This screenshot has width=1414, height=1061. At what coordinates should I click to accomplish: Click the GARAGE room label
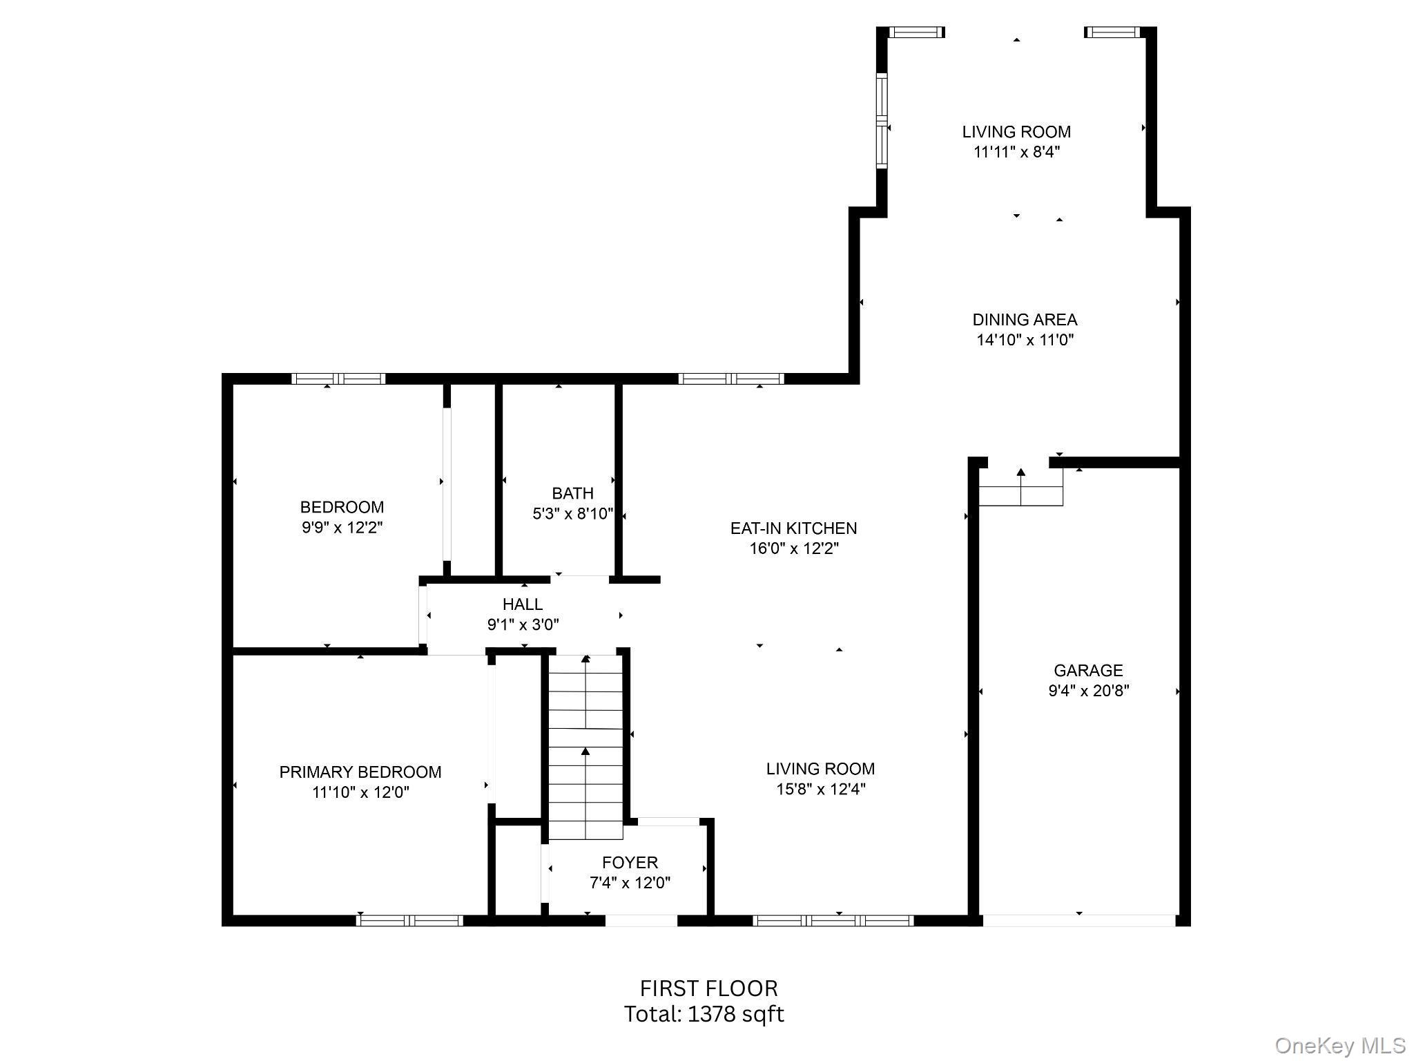pos(1088,670)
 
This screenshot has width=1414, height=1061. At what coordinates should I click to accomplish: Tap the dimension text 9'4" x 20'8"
pos(1088,690)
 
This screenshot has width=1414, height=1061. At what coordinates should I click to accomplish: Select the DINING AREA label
pos(1025,319)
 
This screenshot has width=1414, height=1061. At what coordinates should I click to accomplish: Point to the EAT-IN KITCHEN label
pos(793,528)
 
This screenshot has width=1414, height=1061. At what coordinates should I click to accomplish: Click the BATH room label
pos(572,493)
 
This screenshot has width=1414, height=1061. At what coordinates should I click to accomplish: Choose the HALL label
pos(523,604)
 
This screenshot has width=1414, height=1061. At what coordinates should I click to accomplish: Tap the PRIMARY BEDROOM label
pos(360,772)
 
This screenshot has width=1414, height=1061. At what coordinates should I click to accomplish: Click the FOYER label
pos(630,862)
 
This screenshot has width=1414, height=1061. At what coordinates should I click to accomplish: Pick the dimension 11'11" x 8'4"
pos(1016,152)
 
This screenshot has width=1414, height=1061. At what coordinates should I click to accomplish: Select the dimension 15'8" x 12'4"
pos(820,789)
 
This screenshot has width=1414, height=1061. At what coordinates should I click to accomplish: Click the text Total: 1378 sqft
pos(704,1014)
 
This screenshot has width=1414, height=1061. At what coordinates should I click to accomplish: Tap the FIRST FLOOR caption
pos(708,988)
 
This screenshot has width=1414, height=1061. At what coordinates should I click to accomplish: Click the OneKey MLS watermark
pos(1339,1046)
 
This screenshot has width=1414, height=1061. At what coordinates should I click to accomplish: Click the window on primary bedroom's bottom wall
pos(409,920)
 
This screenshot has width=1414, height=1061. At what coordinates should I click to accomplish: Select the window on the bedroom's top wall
pos(338,379)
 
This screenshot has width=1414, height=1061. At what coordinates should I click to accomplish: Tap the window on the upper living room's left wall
pos(882,120)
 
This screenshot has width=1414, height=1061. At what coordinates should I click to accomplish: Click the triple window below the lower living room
pos(833,920)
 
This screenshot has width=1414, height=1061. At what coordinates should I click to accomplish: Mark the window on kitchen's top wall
pos(731,379)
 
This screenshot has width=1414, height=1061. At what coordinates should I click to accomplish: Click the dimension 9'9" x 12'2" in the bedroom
pos(342,528)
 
